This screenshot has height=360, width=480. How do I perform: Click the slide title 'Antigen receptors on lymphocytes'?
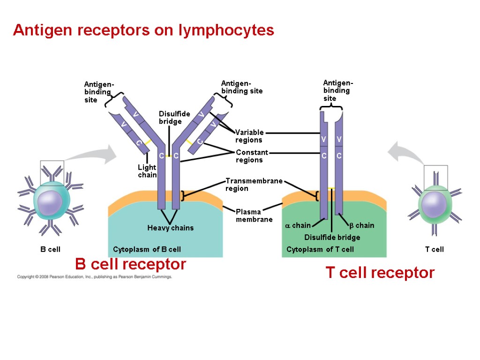143,30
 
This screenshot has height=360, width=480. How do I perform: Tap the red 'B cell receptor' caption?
130,264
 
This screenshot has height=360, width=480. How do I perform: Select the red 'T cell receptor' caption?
380,272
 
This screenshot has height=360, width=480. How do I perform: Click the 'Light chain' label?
147,171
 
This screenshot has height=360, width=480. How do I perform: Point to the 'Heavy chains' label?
170,228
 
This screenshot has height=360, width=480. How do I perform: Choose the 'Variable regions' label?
249,136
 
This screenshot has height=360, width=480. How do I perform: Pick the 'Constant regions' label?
252,156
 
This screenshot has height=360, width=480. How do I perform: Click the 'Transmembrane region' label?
254,184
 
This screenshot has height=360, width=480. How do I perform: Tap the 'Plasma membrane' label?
254,216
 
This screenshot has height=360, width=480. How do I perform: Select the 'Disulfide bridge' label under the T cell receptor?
332,237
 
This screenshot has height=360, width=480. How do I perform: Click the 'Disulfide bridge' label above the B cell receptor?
174,118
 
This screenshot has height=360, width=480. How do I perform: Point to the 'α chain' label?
298,225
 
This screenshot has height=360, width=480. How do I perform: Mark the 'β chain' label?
362,225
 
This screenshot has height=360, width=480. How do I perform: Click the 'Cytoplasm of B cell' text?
147,249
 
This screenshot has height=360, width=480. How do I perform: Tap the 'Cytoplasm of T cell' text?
320,249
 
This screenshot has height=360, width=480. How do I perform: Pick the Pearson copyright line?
95,277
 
